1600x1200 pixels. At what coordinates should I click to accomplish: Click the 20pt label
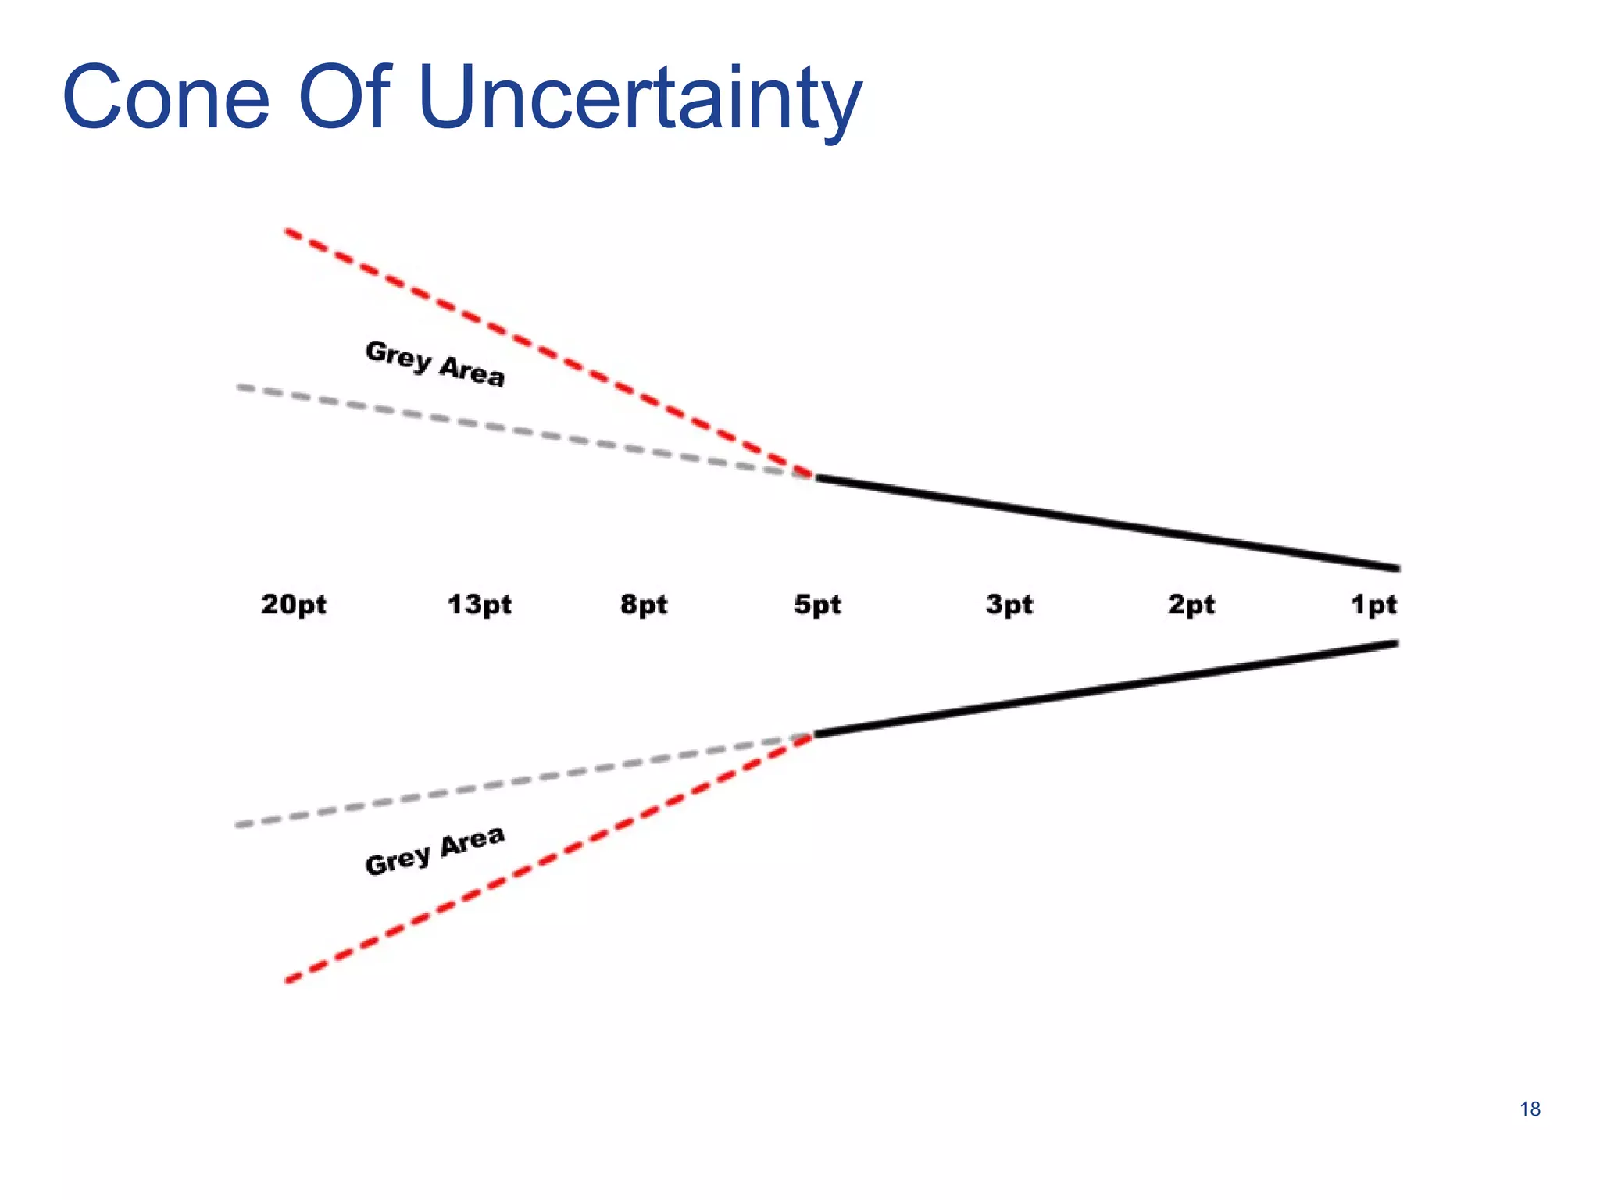pos(294,604)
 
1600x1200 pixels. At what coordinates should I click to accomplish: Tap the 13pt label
pos(479,604)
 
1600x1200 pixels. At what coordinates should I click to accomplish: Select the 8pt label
pos(644,604)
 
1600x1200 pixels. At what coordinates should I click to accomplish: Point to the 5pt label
pos(817,604)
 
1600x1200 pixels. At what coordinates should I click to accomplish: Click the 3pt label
pos(1009,604)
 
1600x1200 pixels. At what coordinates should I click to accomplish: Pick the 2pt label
pos(1191,604)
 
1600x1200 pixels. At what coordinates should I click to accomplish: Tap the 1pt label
pos(1373,604)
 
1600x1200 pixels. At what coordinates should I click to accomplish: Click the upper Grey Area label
pos(435,363)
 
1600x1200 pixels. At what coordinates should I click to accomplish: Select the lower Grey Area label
pos(435,851)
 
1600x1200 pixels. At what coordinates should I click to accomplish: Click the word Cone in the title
pos(166,98)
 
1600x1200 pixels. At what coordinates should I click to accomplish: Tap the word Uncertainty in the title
pos(639,98)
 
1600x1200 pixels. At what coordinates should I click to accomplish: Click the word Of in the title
pos(344,98)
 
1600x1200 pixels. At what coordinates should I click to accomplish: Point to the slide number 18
pos(1530,1109)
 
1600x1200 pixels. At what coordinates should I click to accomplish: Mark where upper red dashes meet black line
pos(814,476)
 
